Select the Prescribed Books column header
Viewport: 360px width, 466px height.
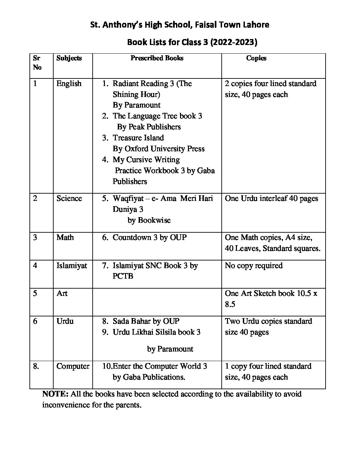[x=157, y=58]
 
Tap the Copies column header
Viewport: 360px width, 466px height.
[x=256, y=58]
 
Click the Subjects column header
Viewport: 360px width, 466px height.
[x=69, y=58]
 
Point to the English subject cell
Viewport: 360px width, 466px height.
[x=69, y=83]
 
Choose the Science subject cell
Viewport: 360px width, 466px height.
[x=69, y=198]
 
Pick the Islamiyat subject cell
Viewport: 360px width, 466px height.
[x=72, y=265]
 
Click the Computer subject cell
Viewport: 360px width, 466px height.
[x=73, y=366]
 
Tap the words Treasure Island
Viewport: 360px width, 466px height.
[x=138, y=138]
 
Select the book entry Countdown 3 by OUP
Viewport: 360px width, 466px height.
[x=150, y=237]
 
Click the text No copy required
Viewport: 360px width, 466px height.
[x=254, y=265]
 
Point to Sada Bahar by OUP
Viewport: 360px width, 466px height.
[x=146, y=321]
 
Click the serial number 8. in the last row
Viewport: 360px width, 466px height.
[x=36, y=366]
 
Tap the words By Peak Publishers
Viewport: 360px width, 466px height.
[x=149, y=127]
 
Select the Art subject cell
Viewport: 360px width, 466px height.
[x=62, y=293]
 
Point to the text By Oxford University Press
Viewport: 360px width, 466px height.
[x=158, y=149]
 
